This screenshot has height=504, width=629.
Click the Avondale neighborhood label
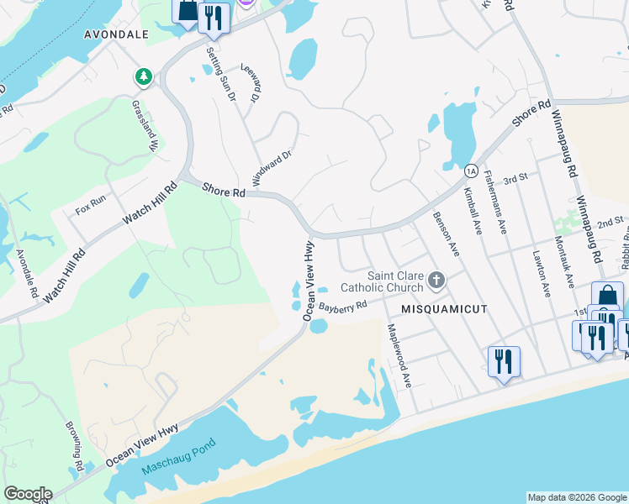(116, 35)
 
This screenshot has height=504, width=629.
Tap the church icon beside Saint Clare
(436, 279)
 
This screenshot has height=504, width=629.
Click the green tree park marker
(144, 77)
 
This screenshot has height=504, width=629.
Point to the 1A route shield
(471, 170)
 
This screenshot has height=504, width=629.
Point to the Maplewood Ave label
(399, 355)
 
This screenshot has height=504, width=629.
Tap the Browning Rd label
(75, 445)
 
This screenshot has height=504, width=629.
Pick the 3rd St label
(515, 179)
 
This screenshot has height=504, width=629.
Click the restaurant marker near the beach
(504, 361)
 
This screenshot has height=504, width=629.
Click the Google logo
(28, 494)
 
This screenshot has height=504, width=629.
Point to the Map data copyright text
(577, 497)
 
